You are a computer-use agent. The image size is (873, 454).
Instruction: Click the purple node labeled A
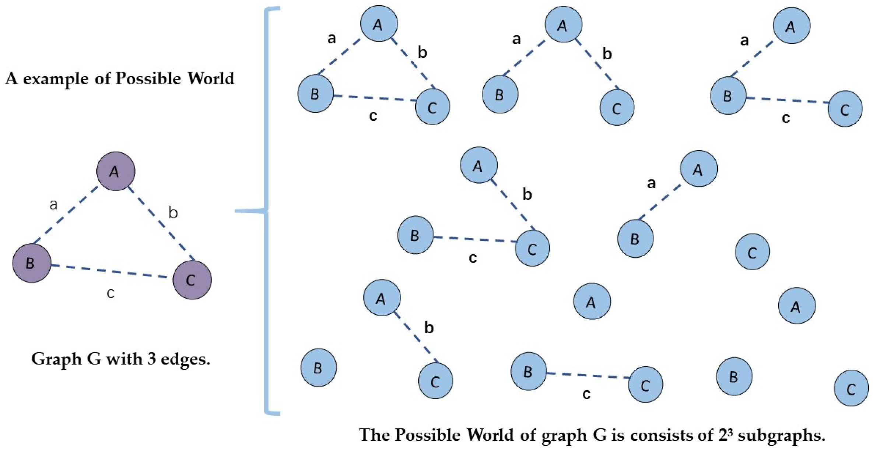pyautogui.click(x=116, y=171)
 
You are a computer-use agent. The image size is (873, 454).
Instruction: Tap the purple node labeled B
pyautogui.click(x=31, y=263)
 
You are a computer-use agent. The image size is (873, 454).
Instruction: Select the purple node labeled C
pyautogui.click(x=192, y=280)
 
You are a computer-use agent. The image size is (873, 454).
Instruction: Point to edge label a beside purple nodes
pyautogui.click(x=53, y=204)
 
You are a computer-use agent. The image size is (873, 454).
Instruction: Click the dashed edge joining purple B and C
pyautogui.click(x=111, y=271)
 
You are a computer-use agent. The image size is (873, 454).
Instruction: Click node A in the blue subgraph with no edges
pyautogui.click(x=796, y=306)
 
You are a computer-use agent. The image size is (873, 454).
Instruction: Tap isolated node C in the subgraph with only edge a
pyautogui.click(x=752, y=251)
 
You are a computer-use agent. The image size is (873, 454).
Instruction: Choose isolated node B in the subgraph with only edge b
pyautogui.click(x=318, y=367)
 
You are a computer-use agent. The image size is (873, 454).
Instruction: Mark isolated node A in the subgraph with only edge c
pyautogui.click(x=592, y=301)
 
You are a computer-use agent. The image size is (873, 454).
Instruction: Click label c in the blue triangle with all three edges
pyautogui.click(x=373, y=116)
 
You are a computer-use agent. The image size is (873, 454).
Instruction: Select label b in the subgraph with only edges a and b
pyautogui.click(x=607, y=54)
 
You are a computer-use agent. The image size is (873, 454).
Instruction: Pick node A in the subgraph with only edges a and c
pyautogui.click(x=791, y=26)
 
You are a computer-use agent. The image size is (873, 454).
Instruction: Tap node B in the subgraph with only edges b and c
pyautogui.click(x=415, y=235)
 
